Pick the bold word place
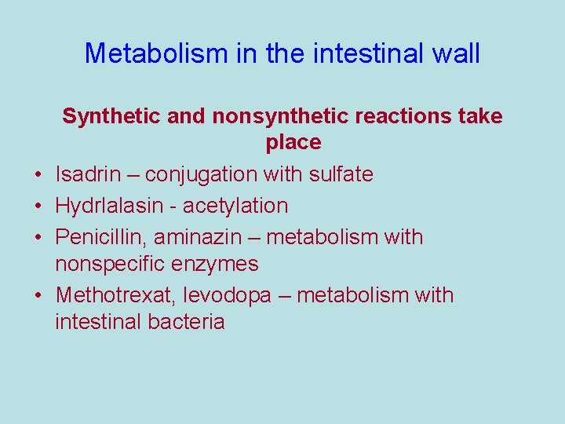pyautogui.click(x=293, y=142)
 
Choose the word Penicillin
pyautogui.click(x=99, y=237)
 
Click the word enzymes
pyautogui.click(x=219, y=264)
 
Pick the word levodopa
pyautogui.click(x=228, y=295)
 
